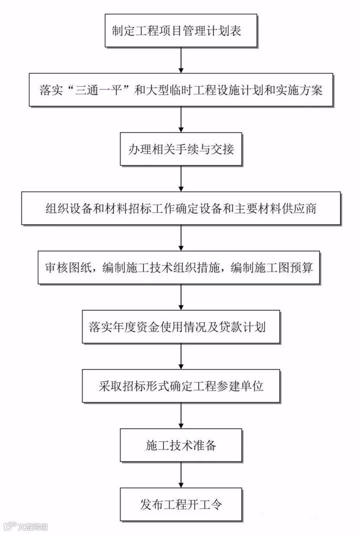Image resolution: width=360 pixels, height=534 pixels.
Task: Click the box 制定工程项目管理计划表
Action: tap(180, 32)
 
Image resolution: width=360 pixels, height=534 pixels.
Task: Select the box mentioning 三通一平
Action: tap(180, 91)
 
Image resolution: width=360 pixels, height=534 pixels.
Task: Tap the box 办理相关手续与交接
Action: tap(180, 150)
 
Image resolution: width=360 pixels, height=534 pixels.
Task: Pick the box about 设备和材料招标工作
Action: tap(180, 208)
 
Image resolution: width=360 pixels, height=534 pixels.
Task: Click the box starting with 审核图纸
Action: tap(180, 267)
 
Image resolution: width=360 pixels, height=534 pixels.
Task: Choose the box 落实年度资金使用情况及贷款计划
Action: tap(180, 327)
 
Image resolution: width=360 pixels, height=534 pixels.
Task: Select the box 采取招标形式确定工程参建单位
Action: tap(180, 386)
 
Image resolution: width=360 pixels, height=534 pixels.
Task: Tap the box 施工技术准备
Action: tap(180, 445)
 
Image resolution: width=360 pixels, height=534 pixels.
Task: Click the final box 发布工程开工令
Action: tap(180, 503)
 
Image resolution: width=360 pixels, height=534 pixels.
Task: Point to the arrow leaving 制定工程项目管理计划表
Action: tap(180, 61)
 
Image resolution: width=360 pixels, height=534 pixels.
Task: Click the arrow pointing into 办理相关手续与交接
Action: tap(180, 120)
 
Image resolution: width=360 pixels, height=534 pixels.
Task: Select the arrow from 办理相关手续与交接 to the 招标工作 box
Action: tap(180, 179)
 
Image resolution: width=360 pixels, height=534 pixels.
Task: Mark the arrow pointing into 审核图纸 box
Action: tap(180, 238)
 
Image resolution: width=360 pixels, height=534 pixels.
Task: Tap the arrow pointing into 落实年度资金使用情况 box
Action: tap(180, 297)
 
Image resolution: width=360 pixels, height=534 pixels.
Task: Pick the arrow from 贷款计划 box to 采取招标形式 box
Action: tap(180, 356)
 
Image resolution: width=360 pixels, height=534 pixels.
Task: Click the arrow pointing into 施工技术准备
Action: tap(180, 415)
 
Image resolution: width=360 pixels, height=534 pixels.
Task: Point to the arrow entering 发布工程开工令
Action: tap(180, 474)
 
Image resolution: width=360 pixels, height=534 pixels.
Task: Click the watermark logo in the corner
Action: tap(25, 526)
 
